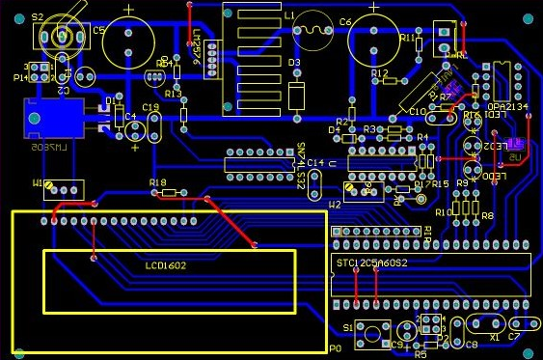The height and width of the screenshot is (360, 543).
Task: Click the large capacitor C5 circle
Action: (x=129, y=42)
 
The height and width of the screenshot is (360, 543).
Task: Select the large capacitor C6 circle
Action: (x=372, y=43)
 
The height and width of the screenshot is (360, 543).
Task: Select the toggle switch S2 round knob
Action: (x=62, y=37)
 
